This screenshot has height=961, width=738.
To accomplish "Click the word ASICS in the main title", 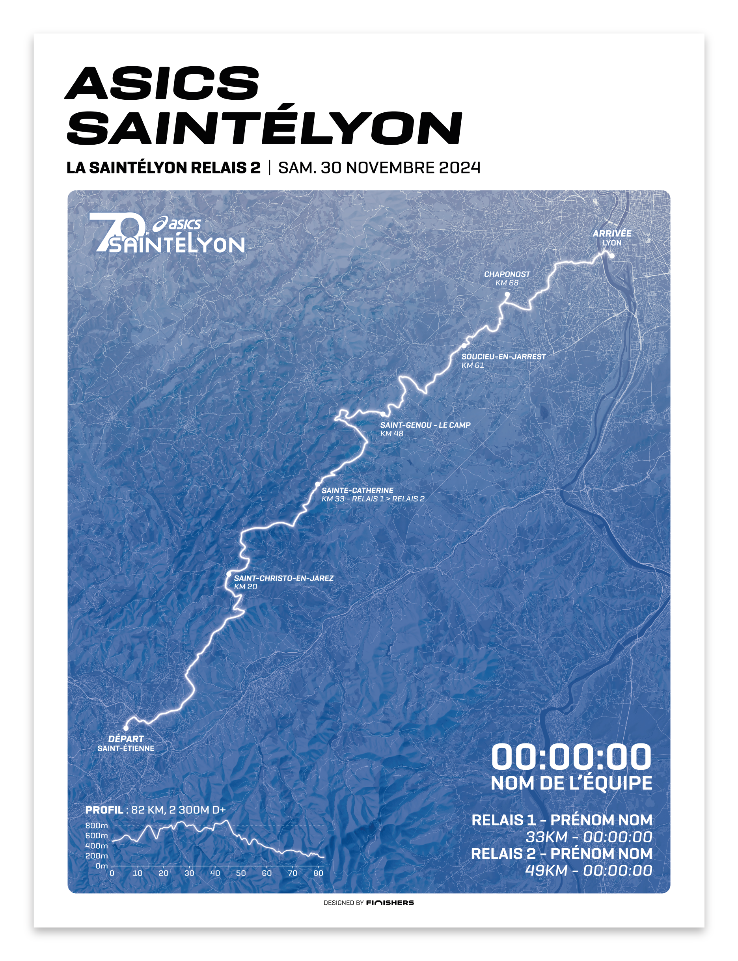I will click(162, 83).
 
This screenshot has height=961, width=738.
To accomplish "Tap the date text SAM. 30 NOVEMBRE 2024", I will click(379, 168).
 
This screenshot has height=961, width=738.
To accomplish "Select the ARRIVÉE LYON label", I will click(611, 238).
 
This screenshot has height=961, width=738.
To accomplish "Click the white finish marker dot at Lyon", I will click(611, 255).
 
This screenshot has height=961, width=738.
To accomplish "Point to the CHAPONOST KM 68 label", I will click(507, 278).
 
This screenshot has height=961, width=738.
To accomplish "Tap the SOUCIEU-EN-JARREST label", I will click(503, 357).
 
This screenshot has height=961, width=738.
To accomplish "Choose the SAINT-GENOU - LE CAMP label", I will click(425, 425).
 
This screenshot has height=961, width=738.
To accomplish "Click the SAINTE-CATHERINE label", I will click(358, 490).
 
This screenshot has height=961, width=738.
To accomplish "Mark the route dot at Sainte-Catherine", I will click(318, 484).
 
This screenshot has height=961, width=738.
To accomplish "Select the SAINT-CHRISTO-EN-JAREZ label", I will click(283, 578).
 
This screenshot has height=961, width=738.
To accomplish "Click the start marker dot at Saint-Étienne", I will click(126, 728).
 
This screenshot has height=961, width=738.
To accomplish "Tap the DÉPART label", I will click(126, 739).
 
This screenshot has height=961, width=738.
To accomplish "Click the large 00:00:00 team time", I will click(571, 757).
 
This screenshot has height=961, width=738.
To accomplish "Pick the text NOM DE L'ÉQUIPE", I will click(571, 783).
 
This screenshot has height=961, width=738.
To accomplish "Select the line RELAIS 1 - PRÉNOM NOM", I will click(561, 820).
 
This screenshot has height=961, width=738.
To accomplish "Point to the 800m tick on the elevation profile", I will click(96, 826).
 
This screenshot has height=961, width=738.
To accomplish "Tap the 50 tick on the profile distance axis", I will click(241, 873).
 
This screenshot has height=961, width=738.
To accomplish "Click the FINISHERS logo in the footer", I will click(389, 903).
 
